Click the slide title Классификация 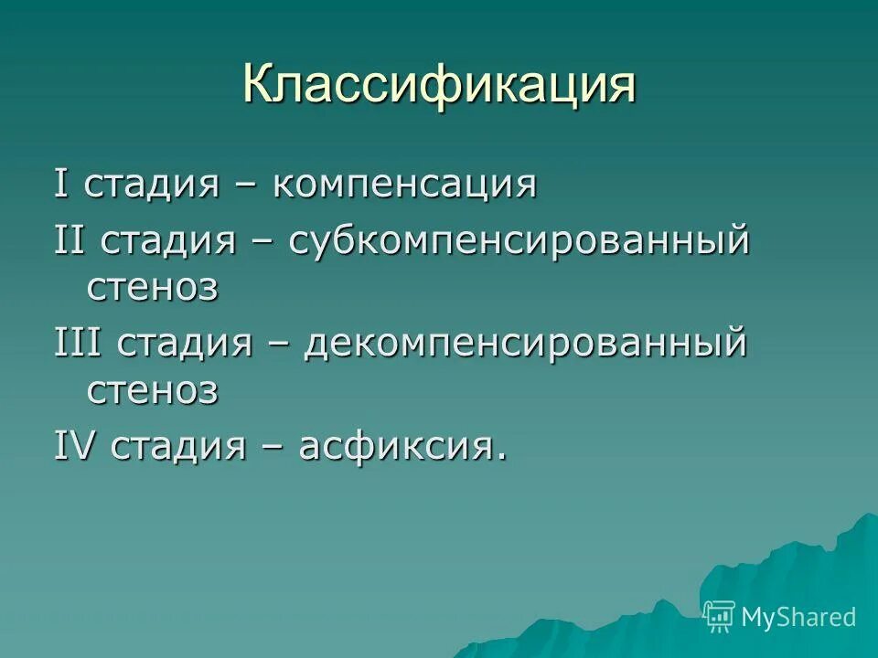pyautogui.click(x=439, y=86)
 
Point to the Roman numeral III pyautogui.click(x=77, y=345)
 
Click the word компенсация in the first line pyautogui.click(x=403, y=186)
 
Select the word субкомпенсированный pyautogui.click(x=519, y=243)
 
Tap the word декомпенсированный pyautogui.click(x=527, y=346)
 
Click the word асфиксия pyautogui.click(x=402, y=448)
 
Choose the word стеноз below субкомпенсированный pyautogui.click(x=153, y=287)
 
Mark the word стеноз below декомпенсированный pyautogui.click(x=153, y=390)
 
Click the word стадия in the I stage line pyautogui.click(x=152, y=186)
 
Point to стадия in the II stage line pyautogui.click(x=170, y=243)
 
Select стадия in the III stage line pyautogui.click(x=186, y=346)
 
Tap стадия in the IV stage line pyautogui.click(x=179, y=448)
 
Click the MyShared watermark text pyautogui.click(x=798, y=617)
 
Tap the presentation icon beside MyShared pyautogui.click(x=720, y=617)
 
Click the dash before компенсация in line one pyautogui.click(x=244, y=186)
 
